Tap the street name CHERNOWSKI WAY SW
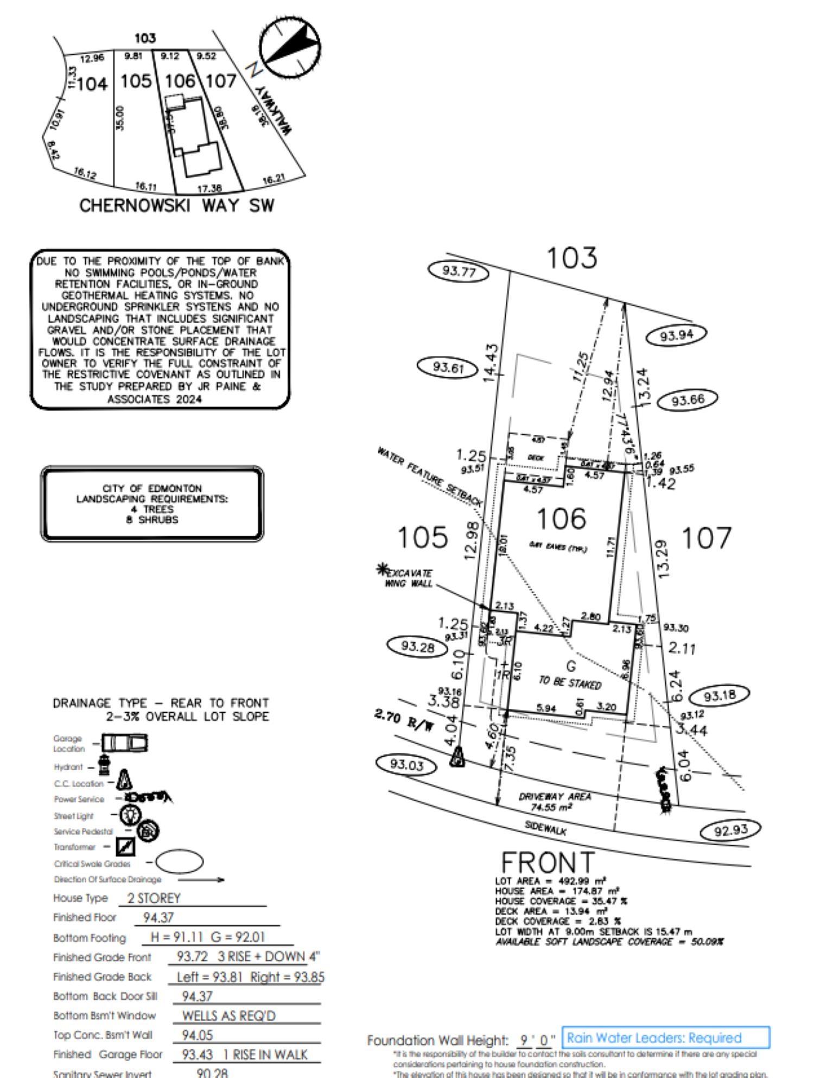pos(177,206)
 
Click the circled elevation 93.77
pos(459,271)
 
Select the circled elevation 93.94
pos(676,335)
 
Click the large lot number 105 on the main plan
pos(423,537)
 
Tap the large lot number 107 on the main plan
pos(706,538)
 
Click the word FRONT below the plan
pos(547,863)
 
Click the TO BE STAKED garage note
pos(570,682)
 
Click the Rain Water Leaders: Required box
pos(665,1038)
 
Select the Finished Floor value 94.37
pos(158,917)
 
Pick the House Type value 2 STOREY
pos(154,898)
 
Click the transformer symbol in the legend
pos(125,847)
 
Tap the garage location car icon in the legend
pos(125,743)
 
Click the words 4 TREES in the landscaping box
pos(152,509)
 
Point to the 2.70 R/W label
pos(404,720)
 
